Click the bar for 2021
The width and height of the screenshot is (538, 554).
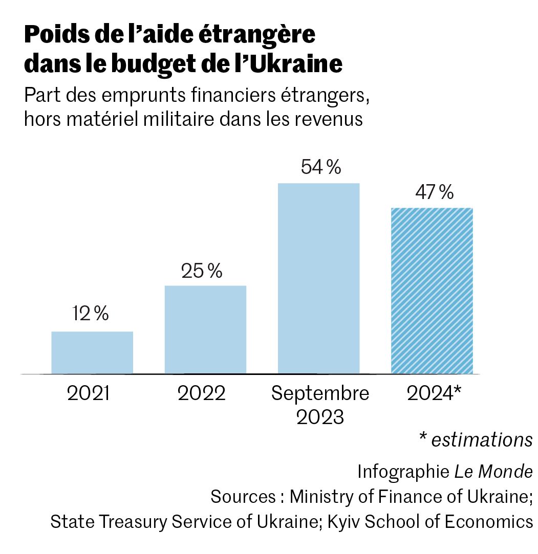(x=92, y=352)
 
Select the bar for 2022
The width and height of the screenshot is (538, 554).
(x=205, y=329)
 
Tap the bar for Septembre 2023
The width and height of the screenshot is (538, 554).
(x=318, y=278)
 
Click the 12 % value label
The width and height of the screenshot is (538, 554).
(x=91, y=314)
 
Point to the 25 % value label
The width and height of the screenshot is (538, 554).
(x=202, y=271)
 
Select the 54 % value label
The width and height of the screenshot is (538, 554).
(x=321, y=168)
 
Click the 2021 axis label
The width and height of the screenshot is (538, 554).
(x=88, y=394)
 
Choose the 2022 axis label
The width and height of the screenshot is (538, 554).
(x=202, y=394)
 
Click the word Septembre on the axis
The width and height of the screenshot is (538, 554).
(x=320, y=394)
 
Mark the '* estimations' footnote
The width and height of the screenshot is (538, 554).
(x=476, y=440)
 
